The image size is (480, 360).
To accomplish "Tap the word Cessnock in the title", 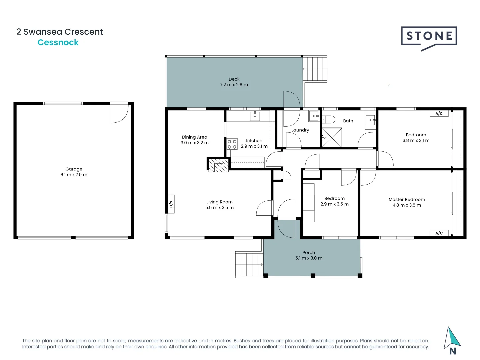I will click(58, 42).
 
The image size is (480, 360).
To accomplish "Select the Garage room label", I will click(74, 169).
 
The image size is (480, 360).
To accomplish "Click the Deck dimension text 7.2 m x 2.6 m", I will click(234, 85).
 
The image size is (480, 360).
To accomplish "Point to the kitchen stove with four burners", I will click(232, 144).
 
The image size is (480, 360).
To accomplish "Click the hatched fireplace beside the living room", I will click(219, 165).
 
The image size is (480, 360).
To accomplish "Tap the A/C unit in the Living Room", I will click(171, 204).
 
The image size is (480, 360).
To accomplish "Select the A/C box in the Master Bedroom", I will click(439, 233).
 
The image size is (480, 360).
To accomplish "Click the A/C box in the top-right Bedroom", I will click(439, 113).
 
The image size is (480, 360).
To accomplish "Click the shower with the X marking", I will click(332, 137).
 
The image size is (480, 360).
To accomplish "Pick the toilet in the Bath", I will click(329, 119).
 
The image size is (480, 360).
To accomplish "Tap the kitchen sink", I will click(255, 116).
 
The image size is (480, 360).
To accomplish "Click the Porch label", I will click(309, 252).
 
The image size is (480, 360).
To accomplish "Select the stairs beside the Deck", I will click(315, 69).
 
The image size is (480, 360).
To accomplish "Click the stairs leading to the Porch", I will click(249, 265).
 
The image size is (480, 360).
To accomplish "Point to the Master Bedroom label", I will click(407, 199).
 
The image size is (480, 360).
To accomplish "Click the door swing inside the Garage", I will click(119, 113).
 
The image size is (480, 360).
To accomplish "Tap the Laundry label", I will click(300, 130).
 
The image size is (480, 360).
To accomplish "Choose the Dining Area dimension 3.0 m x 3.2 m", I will click(195, 143).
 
